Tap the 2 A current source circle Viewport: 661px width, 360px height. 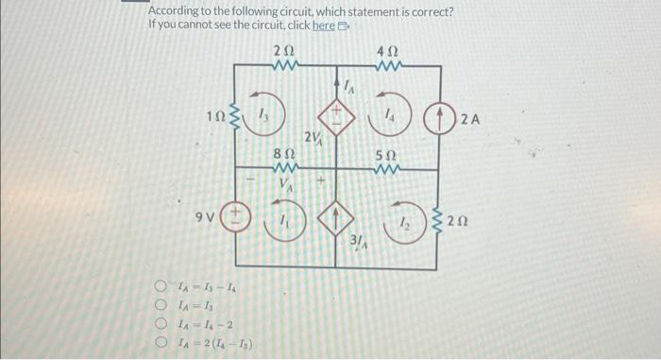coord(442,120)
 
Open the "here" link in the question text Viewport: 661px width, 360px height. coord(322,26)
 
